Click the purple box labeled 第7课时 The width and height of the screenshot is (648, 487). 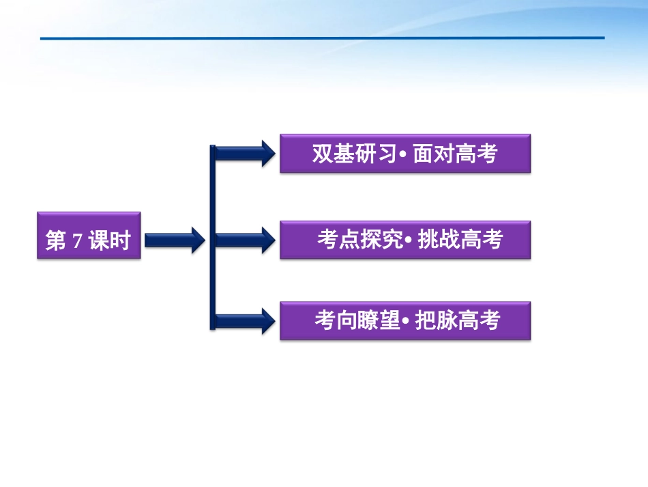point(89,236)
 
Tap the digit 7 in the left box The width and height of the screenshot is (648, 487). point(77,240)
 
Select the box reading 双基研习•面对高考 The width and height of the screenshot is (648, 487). point(404,154)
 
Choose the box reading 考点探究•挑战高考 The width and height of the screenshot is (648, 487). point(404,240)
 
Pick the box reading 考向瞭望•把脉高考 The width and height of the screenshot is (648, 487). point(404,321)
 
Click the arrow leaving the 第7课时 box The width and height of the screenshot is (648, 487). point(174,240)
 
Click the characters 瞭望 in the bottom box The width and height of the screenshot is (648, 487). point(378,321)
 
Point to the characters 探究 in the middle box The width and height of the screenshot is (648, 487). point(382,240)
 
